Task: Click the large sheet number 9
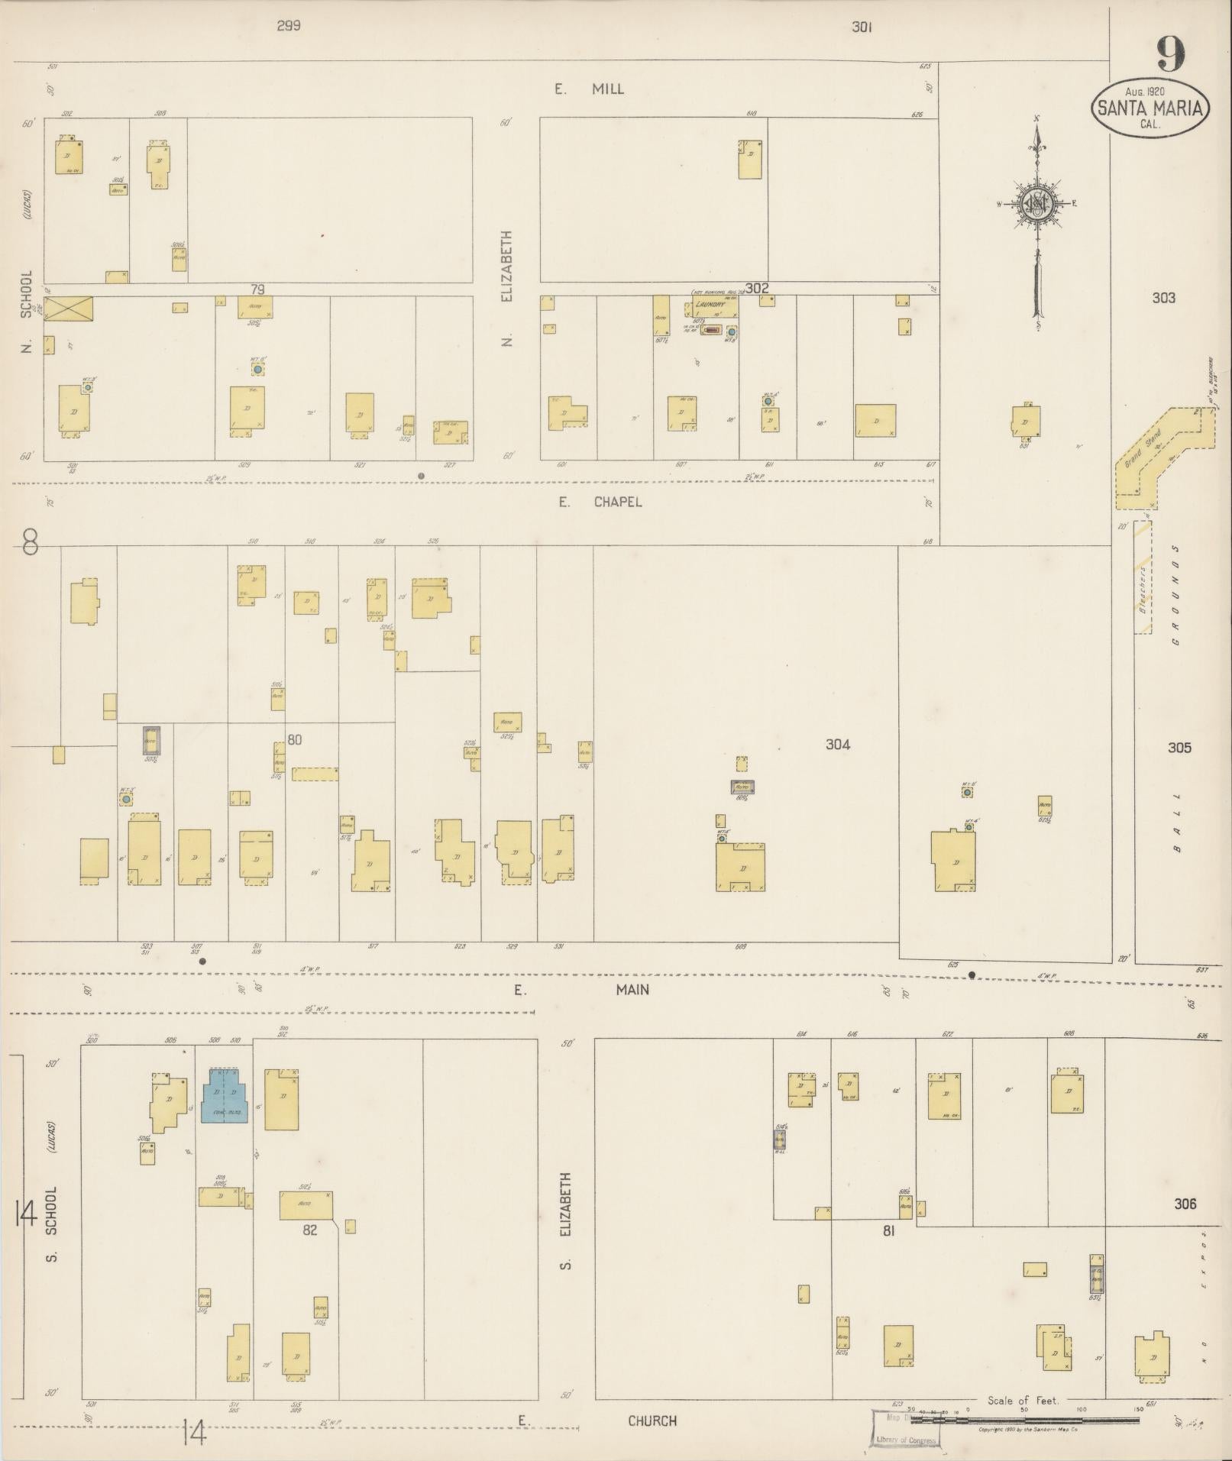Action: [x=1170, y=53]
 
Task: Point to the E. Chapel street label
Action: [x=599, y=502]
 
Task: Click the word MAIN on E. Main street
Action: [x=632, y=989]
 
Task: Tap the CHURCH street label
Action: [x=652, y=1421]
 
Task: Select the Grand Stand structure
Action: [x=1161, y=457]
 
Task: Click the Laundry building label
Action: [x=709, y=304]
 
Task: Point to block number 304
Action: [x=837, y=745]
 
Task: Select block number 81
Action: [x=888, y=1230]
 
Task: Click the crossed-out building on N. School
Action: [x=68, y=309]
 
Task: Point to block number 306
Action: [x=1184, y=1204]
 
